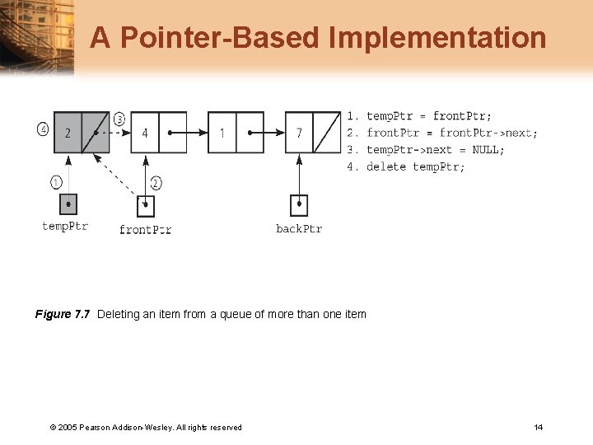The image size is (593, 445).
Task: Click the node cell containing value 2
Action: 68,133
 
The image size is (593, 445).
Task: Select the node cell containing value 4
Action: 145,133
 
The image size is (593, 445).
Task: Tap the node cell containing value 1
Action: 222,133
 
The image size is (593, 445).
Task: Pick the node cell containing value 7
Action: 299,133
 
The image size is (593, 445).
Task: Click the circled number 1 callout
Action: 56,181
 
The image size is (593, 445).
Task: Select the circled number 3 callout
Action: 119,119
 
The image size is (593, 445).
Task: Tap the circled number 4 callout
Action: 43,129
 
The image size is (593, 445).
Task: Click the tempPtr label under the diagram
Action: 65,226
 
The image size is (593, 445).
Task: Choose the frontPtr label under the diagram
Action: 145,229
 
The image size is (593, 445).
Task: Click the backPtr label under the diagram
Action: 299,228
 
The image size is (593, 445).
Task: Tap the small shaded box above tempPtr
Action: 68,204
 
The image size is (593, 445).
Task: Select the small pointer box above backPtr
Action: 299,204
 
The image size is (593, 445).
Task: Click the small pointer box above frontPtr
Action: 146,204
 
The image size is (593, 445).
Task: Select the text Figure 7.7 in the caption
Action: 63,314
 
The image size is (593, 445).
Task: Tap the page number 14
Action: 538,427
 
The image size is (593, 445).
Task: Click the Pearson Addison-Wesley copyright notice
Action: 146,427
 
